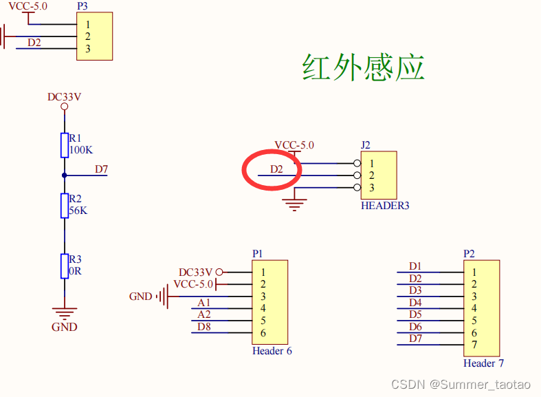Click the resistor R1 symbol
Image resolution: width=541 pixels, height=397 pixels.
(64, 144)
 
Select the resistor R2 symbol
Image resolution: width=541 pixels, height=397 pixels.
(64, 205)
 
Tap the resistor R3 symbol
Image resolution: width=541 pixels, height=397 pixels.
(64, 265)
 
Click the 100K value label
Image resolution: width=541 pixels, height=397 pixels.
(81, 150)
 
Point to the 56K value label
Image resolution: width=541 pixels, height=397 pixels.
(78, 211)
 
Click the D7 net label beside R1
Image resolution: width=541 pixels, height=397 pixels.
(101, 169)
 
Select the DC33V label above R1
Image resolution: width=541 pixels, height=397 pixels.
(64, 97)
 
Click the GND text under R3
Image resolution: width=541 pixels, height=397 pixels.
(65, 327)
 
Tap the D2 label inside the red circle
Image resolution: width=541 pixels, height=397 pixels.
(276, 169)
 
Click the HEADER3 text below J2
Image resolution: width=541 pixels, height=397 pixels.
(385, 205)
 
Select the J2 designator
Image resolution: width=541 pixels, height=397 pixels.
(366, 145)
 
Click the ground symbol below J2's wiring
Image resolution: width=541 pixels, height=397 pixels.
(296, 204)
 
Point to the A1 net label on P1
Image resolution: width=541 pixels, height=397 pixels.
(204, 303)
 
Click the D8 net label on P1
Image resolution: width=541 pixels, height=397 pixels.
(204, 327)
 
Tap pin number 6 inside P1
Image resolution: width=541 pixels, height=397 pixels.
(263, 333)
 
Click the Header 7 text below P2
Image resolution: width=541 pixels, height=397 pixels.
(483, 363)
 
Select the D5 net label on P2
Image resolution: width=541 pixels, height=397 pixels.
(415, 314)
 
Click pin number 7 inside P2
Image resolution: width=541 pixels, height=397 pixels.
(474, 345)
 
